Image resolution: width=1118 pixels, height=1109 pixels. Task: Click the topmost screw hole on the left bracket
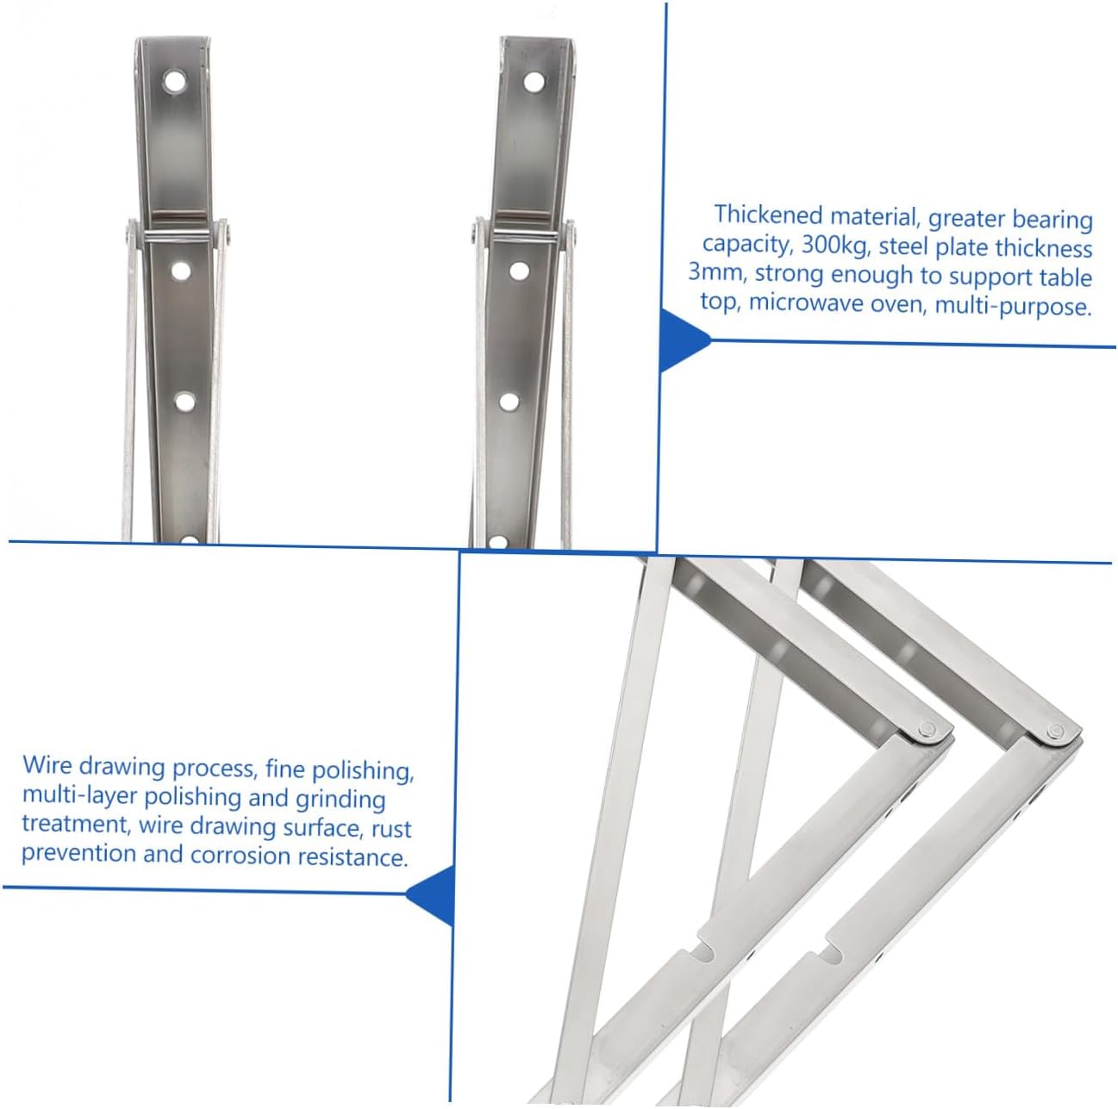(x=175, y=83)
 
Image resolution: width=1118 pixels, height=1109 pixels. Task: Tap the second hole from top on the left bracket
(x=180, y=271)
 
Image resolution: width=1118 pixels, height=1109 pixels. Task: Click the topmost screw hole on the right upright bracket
(x=534, y=83)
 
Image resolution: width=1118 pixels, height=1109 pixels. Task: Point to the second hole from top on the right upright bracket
(x=518, y=271)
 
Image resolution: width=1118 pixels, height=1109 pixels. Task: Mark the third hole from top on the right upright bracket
(x=509, y=402)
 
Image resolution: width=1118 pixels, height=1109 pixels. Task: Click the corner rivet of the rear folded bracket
(x=927, y=730)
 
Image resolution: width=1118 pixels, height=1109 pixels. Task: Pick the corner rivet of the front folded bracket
(x=1055, y=732)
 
